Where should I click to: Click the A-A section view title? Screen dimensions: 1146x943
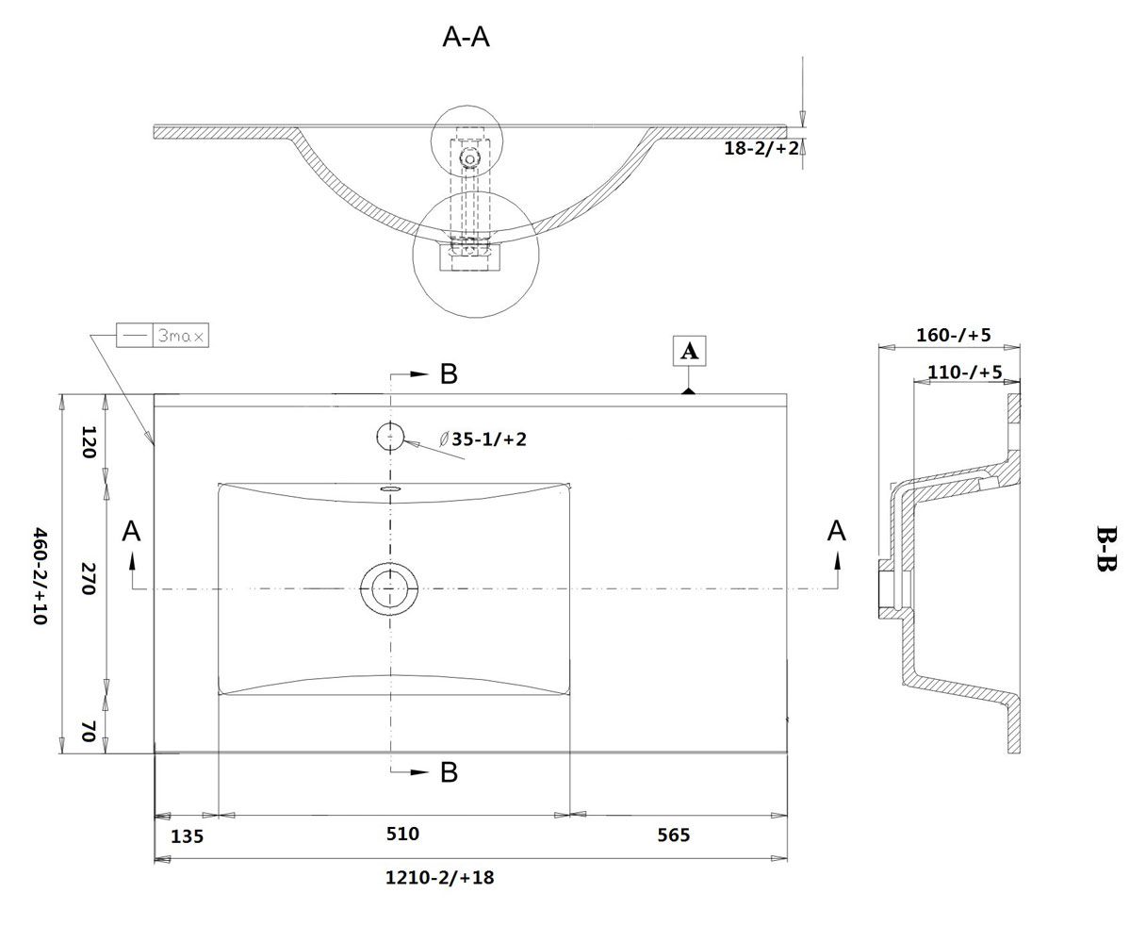pyautogui.click(x=466, y=37)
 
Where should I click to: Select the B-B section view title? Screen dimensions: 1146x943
pyautogui.click(x=1105, y=548)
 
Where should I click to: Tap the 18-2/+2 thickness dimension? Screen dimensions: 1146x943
pyautogui.click(x=761, y=148)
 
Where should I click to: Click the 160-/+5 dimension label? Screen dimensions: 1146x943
pyautogui.click(x=953, y=335)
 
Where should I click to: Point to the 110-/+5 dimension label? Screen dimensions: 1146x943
pyautogui.click(x=964, y=372)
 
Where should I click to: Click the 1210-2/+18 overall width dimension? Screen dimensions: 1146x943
pyautogui.click(x=439, y=877)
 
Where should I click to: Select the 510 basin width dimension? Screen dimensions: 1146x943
pyautogui.click(x=402, y=834)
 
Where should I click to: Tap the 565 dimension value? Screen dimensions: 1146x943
pyautogui.click(x=673, y=835)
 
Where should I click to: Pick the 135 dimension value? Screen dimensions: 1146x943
pyautogui.click(x=187, y=835)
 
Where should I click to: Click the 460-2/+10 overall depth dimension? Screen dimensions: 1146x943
pyautogui.click(x=41, y=576)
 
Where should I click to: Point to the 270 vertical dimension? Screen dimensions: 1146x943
pyautogui.click(x=89, y=579)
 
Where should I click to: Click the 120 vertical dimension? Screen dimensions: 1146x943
pyautogui.click(x=89, y=442)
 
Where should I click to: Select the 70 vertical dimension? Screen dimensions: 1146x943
pyautogui.click(x=89, y=731)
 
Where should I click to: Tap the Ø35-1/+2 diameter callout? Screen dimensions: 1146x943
pyautogui.click(x=483, y=438)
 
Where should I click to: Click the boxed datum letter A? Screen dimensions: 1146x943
pyautogui.click(x=689, y=351)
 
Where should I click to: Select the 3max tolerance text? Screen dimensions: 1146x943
pyautogui.click(x=181, y=336)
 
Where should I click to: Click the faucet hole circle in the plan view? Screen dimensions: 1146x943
pyautogui.click(x=390, y=437)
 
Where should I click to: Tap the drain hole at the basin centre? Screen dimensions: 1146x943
pyautogui.click(x=389, y=589)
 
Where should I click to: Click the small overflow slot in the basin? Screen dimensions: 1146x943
pyautogui.click(x=389, y=488)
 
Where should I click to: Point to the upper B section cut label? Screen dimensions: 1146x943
pyautogui.click(x=449, y=374)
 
